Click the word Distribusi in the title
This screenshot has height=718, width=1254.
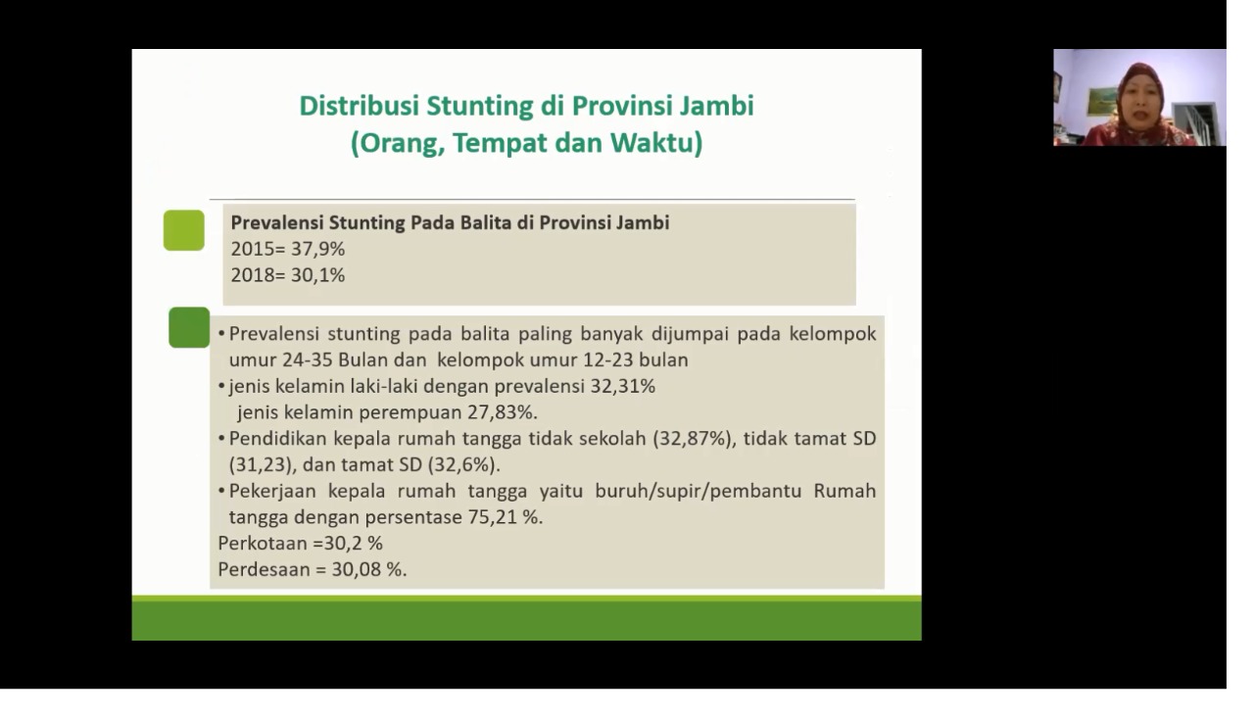(359, 106)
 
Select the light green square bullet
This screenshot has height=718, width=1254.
(183, 230)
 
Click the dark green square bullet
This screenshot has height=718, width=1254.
(189, 327)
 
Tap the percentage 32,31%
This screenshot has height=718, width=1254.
(622, 386)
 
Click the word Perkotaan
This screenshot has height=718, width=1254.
(264, 544)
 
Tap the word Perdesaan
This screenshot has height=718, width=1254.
(264, 570)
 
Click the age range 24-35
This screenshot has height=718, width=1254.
(308, 359)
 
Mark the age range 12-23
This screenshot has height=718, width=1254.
(608, 359)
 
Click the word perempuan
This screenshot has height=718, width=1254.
(410, 413)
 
